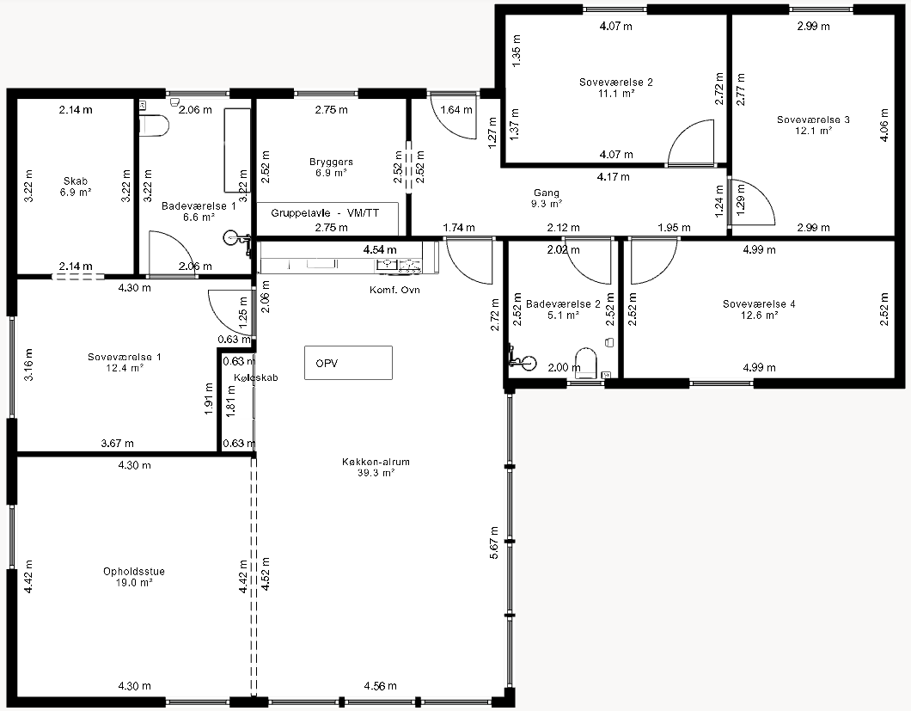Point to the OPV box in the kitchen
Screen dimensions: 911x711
pos(349,363)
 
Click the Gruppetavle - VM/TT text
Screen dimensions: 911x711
pos(326,212)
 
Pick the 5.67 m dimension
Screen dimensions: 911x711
pos(494,543)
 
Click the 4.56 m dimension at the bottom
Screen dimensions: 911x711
pos(381,686)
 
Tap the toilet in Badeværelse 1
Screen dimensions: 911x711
pos(154,126)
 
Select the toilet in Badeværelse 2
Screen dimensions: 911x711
pos(586,362)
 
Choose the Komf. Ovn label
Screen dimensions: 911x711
pos(394,290)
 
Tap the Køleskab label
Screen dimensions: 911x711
pos(256,377)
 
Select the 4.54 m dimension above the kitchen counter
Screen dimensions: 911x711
pos(380,249)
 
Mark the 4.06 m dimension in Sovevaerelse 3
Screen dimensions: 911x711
pos(884,126)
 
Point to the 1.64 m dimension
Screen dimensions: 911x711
pos(456,110)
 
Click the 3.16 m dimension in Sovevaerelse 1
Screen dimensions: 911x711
pos(28,365)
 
